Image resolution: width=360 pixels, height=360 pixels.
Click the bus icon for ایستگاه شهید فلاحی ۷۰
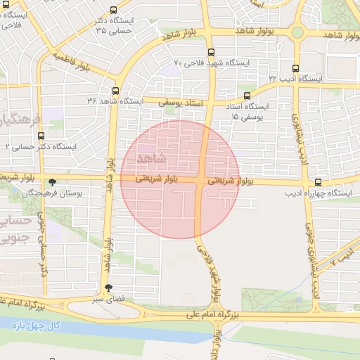click(x=211, y=53)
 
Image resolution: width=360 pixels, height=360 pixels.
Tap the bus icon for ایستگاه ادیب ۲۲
click(x=295, y=69)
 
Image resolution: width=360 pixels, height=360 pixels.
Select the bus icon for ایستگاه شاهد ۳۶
click(x=115, y=90)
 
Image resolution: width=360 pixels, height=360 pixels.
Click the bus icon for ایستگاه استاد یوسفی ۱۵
click(x=247, y=96)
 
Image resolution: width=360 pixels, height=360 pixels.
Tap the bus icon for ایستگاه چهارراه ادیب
click(x=319, y=181)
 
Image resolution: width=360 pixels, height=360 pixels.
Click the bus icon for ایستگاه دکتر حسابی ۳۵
click(x=114, y=10)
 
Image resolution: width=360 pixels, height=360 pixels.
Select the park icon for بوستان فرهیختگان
click(x=53, y=181)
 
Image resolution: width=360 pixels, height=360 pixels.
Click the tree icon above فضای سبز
click(x=108, y=288)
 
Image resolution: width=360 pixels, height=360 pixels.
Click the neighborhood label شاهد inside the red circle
click(x=153, y=155)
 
